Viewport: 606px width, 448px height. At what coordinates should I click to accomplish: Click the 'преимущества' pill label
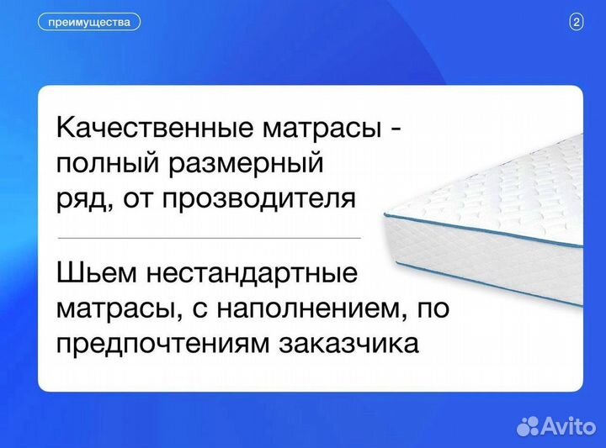pyautogui.click(x=89, y=23)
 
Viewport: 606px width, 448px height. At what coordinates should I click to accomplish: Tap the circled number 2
pyautogui.click(x=577, y=23)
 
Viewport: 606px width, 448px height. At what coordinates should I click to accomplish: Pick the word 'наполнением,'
pyautogui.click(x=312, y=308)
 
